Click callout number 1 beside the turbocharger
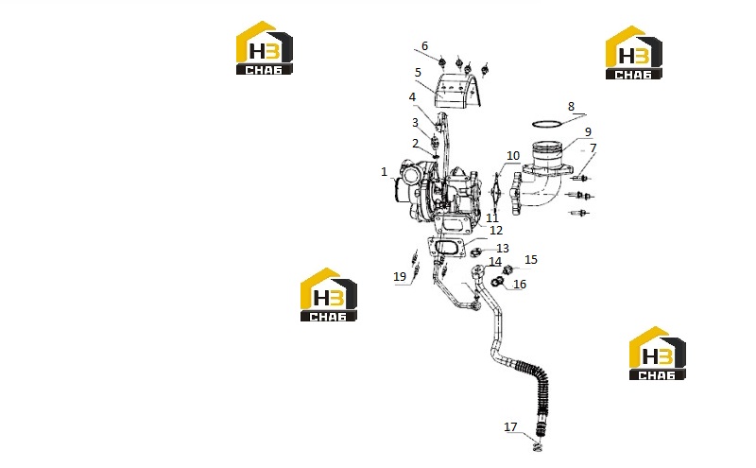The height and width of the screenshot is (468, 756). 384,172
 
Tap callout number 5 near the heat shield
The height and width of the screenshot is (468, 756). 418,73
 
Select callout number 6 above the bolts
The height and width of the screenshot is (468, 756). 424,45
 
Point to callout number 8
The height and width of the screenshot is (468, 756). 571,107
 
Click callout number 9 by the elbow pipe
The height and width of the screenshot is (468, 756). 588,131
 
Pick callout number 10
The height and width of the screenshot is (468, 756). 513,156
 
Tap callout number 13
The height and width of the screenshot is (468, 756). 503,249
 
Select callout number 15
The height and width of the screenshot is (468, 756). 530,260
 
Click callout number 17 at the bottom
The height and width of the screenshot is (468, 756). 510,427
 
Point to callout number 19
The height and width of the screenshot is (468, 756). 400,276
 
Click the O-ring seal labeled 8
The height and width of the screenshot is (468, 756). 547,125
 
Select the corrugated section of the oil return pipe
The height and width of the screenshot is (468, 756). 536,380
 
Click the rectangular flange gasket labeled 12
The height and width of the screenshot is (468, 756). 446,247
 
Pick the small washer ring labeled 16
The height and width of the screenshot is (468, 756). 495,282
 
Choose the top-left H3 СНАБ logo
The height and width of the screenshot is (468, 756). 265,48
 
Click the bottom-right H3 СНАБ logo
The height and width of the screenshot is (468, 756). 658,354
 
